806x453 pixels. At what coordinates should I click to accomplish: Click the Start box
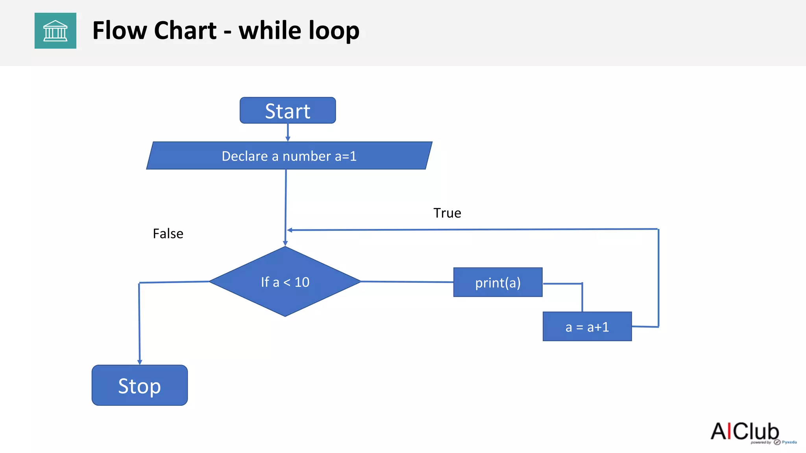click(288, 110)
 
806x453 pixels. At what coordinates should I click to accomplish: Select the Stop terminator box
click(140, 385)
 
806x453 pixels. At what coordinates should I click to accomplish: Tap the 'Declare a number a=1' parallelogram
click(289, 156)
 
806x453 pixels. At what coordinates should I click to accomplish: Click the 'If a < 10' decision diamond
click(285, 282)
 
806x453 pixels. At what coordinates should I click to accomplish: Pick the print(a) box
click(498, 282)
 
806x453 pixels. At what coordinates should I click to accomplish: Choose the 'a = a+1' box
click(587, 327)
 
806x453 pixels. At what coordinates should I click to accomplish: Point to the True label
click(447, 213)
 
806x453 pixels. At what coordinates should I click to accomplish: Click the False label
click(168, 234)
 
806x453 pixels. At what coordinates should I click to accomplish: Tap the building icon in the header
click(55, 31)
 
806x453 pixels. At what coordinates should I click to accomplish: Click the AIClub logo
click(745, 431)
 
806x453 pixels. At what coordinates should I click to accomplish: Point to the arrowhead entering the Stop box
click(140, 362)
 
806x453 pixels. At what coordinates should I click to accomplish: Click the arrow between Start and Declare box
click(288, 132)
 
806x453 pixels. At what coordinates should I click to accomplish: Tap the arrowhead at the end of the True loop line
click(290, 230)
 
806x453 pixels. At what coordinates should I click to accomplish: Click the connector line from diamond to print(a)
click(407, 282)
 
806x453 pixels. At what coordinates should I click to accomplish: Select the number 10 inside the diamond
click(302, 282)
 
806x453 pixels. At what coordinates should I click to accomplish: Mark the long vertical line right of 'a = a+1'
click(658, 277)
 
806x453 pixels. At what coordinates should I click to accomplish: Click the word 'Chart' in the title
click(185, 31)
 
